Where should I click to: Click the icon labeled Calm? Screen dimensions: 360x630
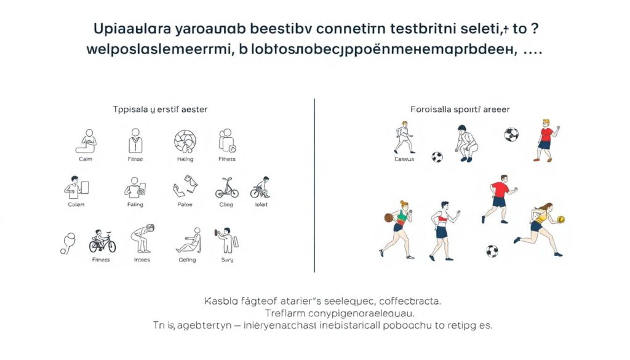pyautogui.click(x=86, y=141)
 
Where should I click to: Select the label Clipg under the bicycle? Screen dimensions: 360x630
pyautogui.click(x=226, y=204)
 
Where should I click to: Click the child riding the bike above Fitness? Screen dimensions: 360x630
pyautogui.click(x=102, y=241)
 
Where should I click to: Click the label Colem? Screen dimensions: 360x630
pyautogui.click(x=76, y=204)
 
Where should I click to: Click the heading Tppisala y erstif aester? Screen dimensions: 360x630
pyautogui.click(x=161, y=109)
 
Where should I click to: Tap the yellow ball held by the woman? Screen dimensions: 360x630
pyautogui.click(x=560, y=220)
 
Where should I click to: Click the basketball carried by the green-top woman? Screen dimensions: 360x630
pyautogui.click(x=388, y=217)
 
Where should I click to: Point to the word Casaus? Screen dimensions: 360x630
pyautogui.click(x=404, y=159)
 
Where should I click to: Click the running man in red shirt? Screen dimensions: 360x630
pyautogui.click(x=498, y=197)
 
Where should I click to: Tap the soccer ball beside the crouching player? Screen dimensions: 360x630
pyautogui.click(x=437, y=157)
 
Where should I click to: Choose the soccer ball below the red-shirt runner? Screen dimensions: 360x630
pyautogui.click(x=492, y=251)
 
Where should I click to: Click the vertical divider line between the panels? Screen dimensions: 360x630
pyautogui.click(x=314, y=185)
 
